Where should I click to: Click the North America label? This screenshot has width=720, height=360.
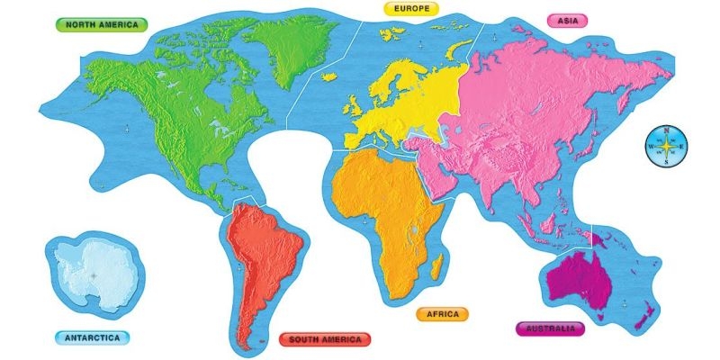tap(102, 24)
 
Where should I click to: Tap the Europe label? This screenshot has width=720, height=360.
tap(411, 8)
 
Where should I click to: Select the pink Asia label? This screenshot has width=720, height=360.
tap(567, 20)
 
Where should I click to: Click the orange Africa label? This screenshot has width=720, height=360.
tap(442, 314)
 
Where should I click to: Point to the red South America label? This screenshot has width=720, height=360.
tap(325, 339)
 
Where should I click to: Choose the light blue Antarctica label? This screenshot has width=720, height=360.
tap(92, 338)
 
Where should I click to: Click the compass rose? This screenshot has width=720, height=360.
tap(666, 147)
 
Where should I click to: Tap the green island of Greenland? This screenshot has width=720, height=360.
tap(286, 45)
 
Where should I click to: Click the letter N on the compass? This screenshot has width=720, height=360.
tap(666, 131)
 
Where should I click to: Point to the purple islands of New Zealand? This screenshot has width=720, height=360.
tap(643, 315)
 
